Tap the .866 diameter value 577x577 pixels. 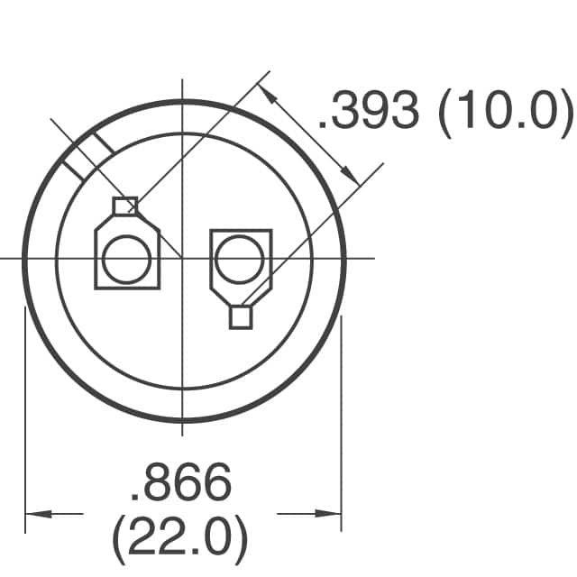point(181,484)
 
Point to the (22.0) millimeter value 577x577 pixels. point(179,539)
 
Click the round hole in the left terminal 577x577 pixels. point(127,260)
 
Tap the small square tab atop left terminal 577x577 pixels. point(124,207)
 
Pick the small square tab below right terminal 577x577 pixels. point(240,316)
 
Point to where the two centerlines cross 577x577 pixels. point(183,259)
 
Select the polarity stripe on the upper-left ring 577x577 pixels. point(87,159)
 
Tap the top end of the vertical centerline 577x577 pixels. point(183,81)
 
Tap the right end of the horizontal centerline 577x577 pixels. point(371,259)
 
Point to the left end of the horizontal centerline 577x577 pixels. point(3,259)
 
